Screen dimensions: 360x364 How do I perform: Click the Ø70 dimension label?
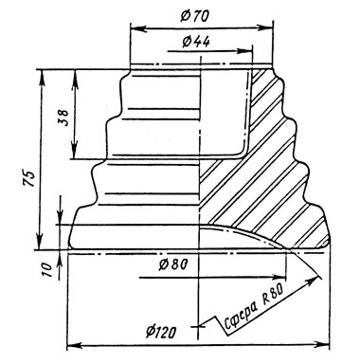[194, 16]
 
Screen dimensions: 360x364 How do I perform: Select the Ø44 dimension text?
[196, 41]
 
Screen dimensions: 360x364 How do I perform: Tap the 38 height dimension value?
[64, 118]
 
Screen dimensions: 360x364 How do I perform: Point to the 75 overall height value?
[28, 178]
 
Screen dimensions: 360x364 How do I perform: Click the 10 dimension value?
[46, 269]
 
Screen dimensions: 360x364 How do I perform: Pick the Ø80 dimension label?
[172, 264]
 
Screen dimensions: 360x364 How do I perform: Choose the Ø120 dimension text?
[161, 332]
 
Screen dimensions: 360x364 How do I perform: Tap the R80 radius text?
[273, 294]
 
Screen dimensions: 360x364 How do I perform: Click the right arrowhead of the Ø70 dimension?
[266, 28]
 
